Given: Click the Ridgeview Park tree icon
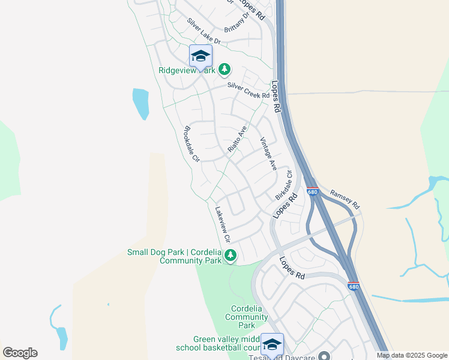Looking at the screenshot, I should tap(224, 70).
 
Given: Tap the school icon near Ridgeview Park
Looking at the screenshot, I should tap(200, 56).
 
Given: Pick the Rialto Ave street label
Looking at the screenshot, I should tap(237, 139).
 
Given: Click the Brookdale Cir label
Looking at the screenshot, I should tap(191, 144).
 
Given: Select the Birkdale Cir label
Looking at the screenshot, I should tap(283, 185).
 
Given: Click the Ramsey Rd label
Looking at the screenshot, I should tap(344, 199).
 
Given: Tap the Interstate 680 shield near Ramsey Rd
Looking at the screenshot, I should tap(312, 192).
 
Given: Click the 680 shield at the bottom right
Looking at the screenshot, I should tap(354, 287).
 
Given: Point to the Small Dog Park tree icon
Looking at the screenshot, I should tap(230, 257).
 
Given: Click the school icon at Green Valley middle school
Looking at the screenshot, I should tap(272, 344).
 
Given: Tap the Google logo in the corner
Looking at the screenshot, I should tap(20, 353).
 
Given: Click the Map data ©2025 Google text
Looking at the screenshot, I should tap(411, 355).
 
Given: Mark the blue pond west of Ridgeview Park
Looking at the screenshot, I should tap(141, 103).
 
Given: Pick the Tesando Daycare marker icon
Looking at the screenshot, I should tap(325, 356).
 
